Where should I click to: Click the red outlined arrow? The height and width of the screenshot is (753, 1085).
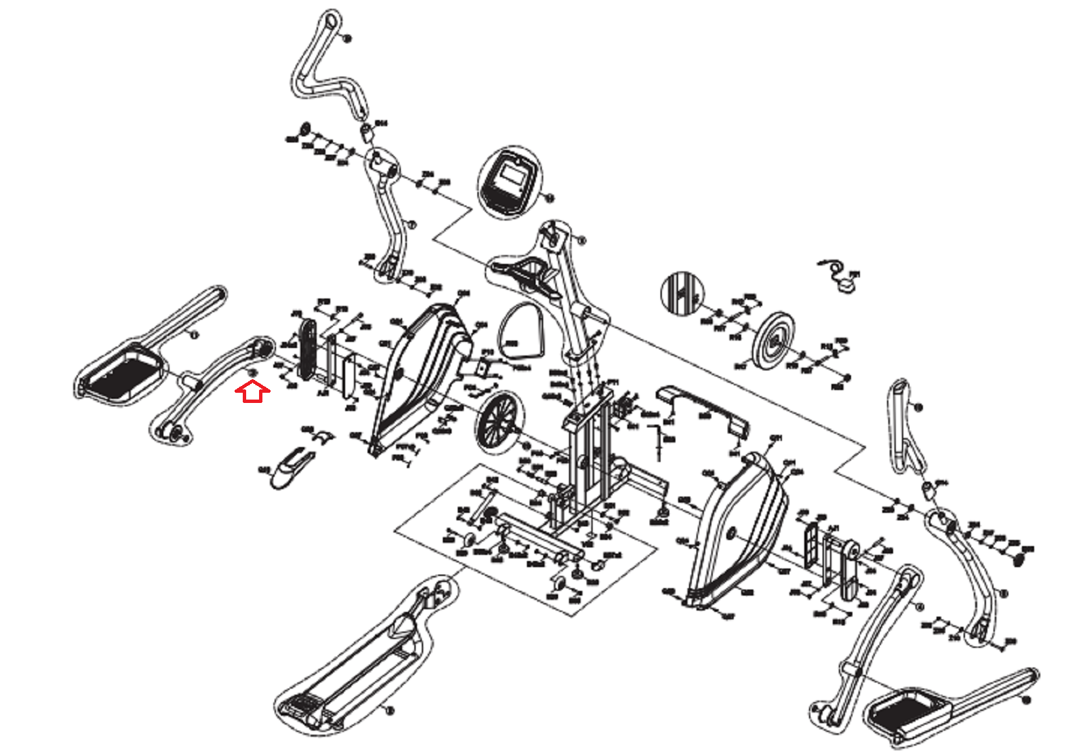[x=252, y=392]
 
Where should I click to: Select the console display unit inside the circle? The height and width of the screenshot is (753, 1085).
[x=510, y=180]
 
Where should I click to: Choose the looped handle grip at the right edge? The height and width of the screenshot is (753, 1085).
[x=903, y=427]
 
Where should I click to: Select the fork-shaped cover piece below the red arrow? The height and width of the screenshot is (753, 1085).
[x=290, y=465]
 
